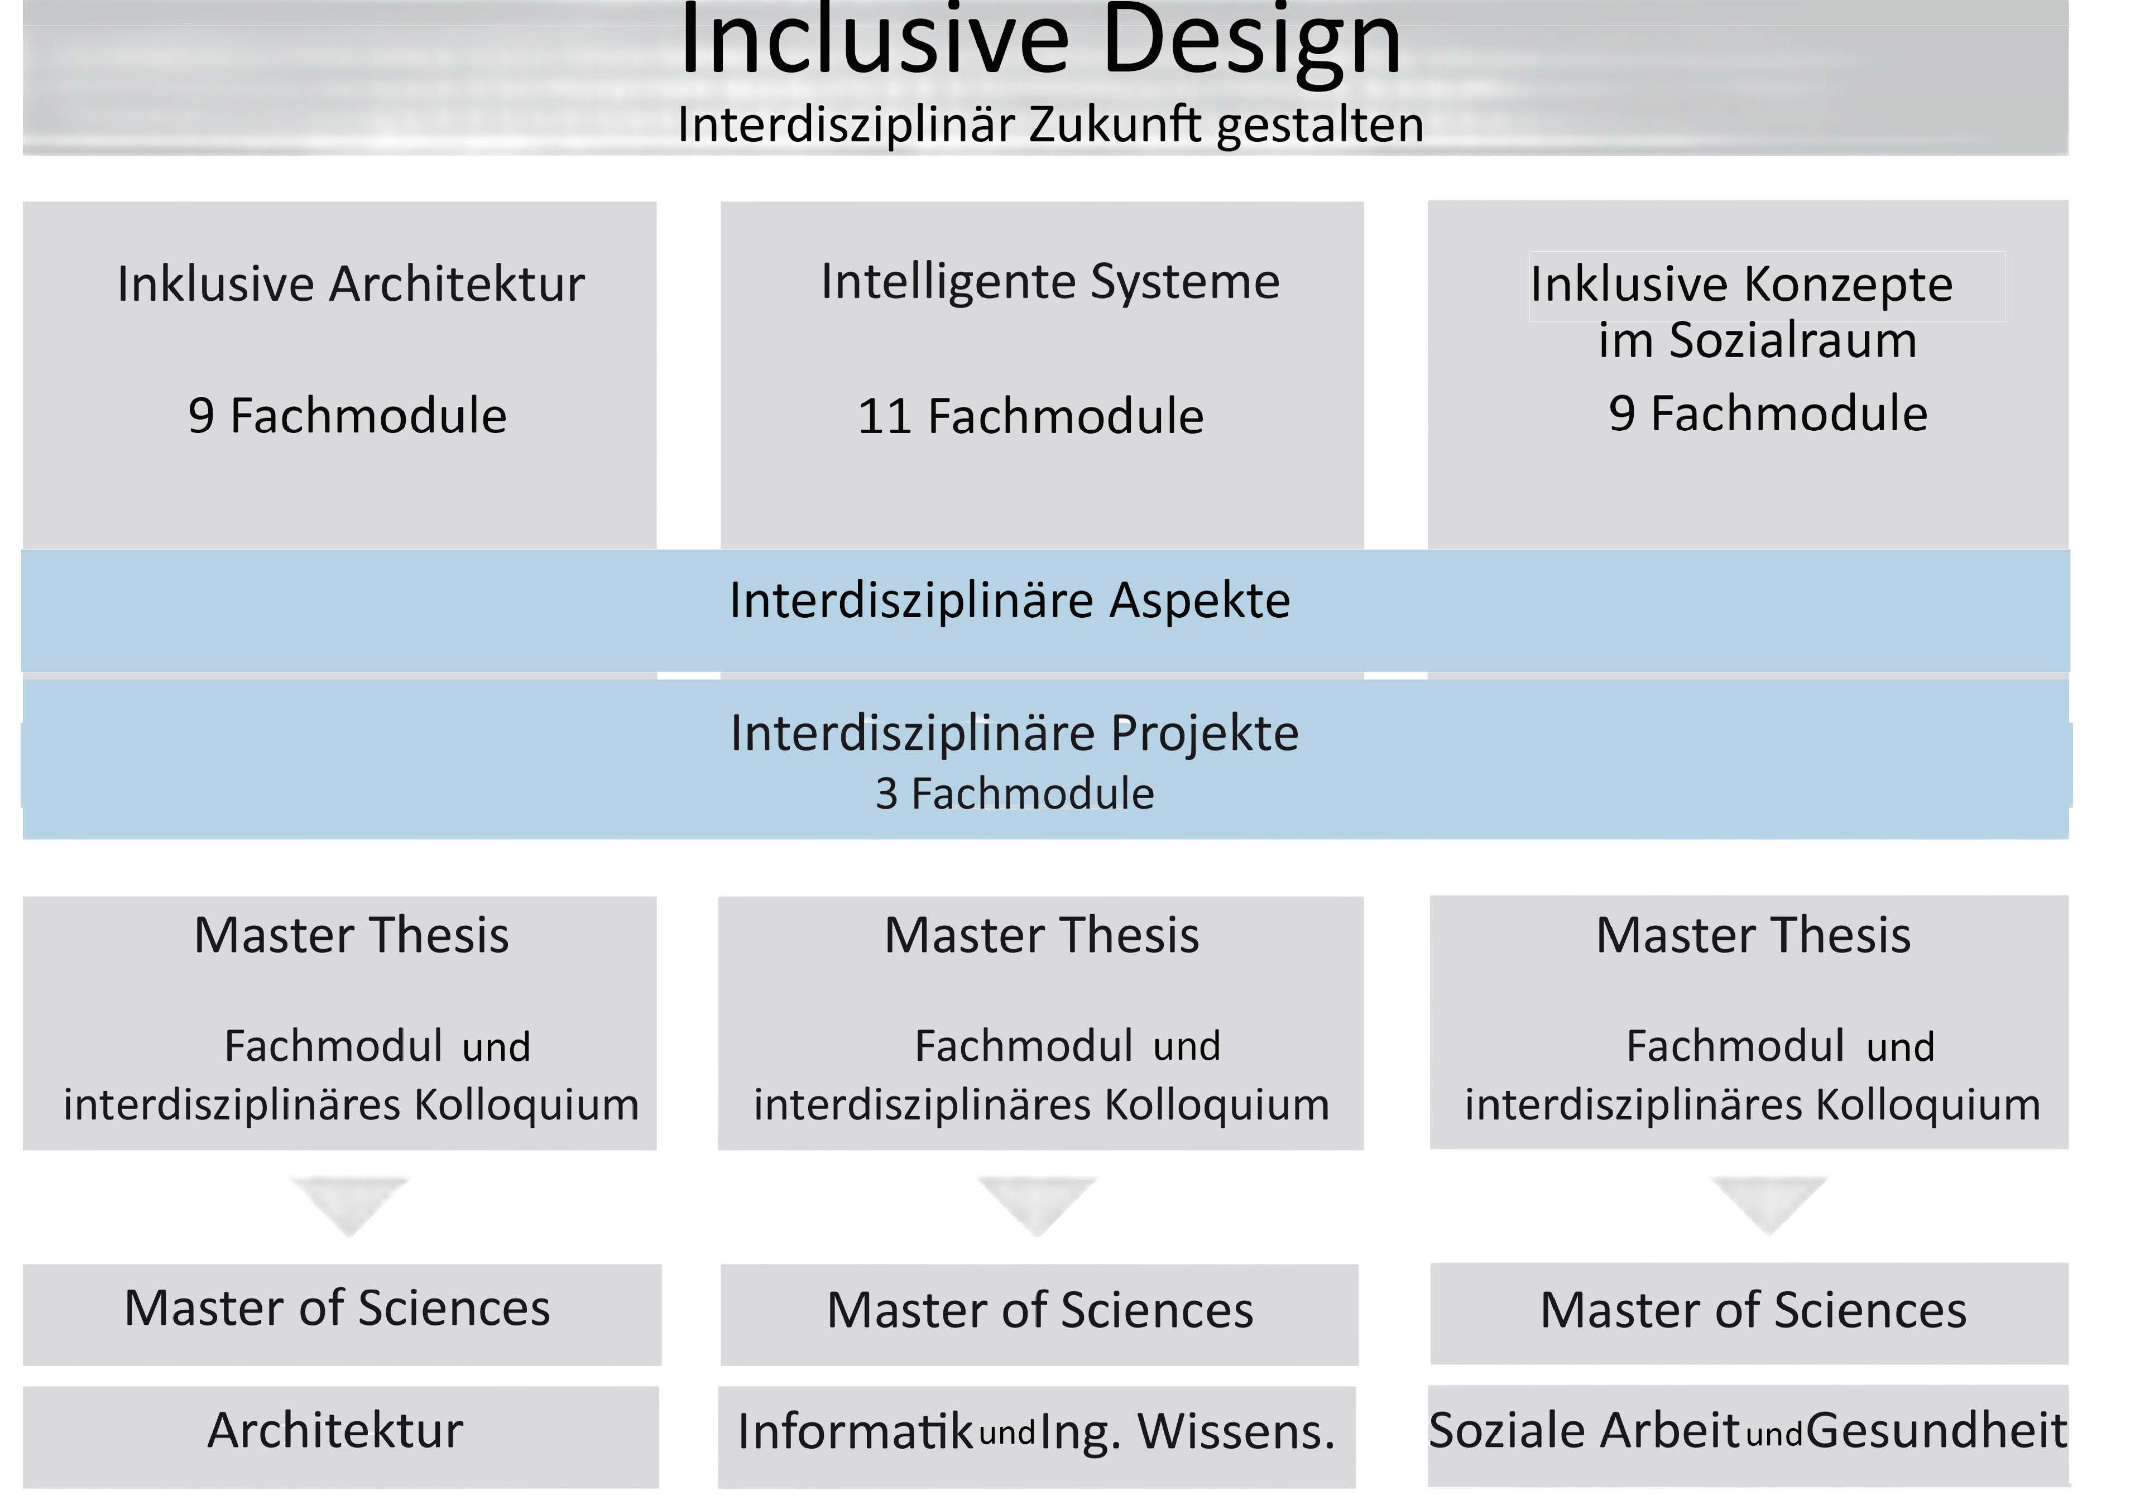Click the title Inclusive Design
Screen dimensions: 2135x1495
point(1040,42)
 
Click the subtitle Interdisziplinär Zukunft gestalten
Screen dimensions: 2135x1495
point(1051,124)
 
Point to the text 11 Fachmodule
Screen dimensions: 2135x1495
point(1030,416)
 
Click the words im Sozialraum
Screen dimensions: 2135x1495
point(1758,340)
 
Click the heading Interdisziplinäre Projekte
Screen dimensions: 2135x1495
point(1015,734)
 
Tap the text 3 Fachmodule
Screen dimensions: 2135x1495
point(1015,794)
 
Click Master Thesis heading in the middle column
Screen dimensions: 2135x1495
point(1042,935)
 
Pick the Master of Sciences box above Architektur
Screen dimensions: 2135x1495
point(342,1315)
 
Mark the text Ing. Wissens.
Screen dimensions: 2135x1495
point(1187,1432)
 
